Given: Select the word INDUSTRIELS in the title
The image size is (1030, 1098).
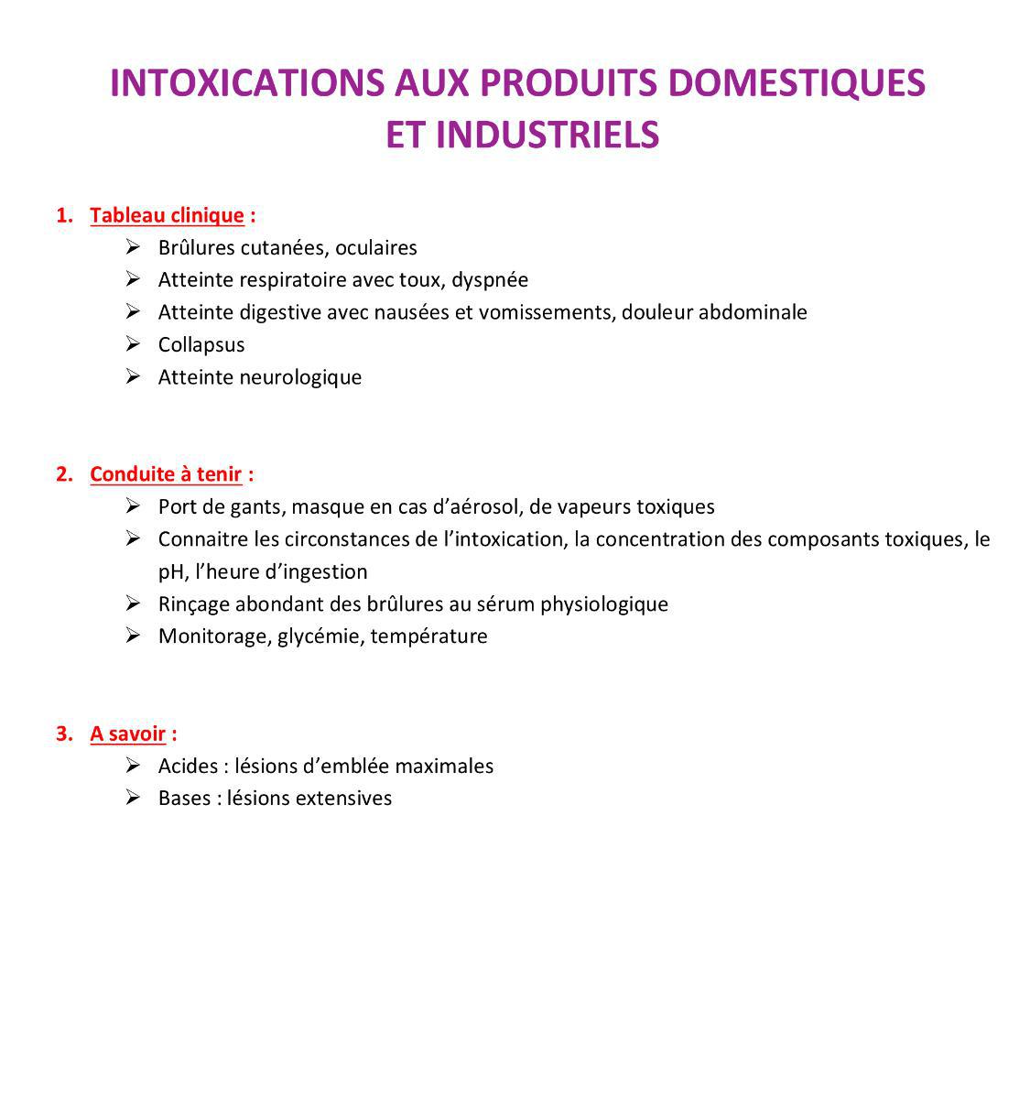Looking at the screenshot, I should (x=547, y=135).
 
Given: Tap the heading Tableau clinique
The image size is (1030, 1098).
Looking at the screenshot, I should (x=167, y=216).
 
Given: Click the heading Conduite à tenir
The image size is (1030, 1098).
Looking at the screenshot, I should (x=166, y=474).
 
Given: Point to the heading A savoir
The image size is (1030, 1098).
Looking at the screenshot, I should (x=127, y=734).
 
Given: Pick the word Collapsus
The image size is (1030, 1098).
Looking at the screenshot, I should (x=201, y=345).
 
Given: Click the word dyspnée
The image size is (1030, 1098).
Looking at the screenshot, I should (x=490, y=280).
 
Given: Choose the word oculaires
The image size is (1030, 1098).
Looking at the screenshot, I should (x=376, y=248).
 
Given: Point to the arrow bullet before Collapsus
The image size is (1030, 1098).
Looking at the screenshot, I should (x=133, y=344).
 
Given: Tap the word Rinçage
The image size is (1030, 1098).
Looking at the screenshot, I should (x=193, y=604).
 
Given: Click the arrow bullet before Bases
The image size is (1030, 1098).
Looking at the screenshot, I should (x=133, y=798).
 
